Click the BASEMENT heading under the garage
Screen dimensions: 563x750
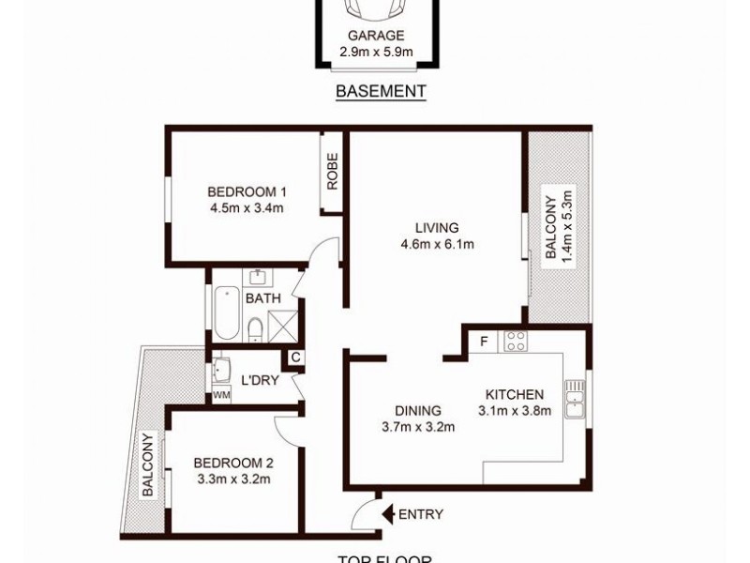(381, 91)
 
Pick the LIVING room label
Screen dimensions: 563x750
(437, 227)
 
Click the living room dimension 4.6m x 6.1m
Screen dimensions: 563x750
(437, 245)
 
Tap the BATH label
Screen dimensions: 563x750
(262, 298)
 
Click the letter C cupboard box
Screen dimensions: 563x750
(294, 358)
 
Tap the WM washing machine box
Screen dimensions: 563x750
(221, 395)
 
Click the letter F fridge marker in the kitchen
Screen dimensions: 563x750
(484, 340)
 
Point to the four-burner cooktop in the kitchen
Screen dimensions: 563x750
(515, 341)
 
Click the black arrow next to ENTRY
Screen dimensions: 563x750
(387, 514)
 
